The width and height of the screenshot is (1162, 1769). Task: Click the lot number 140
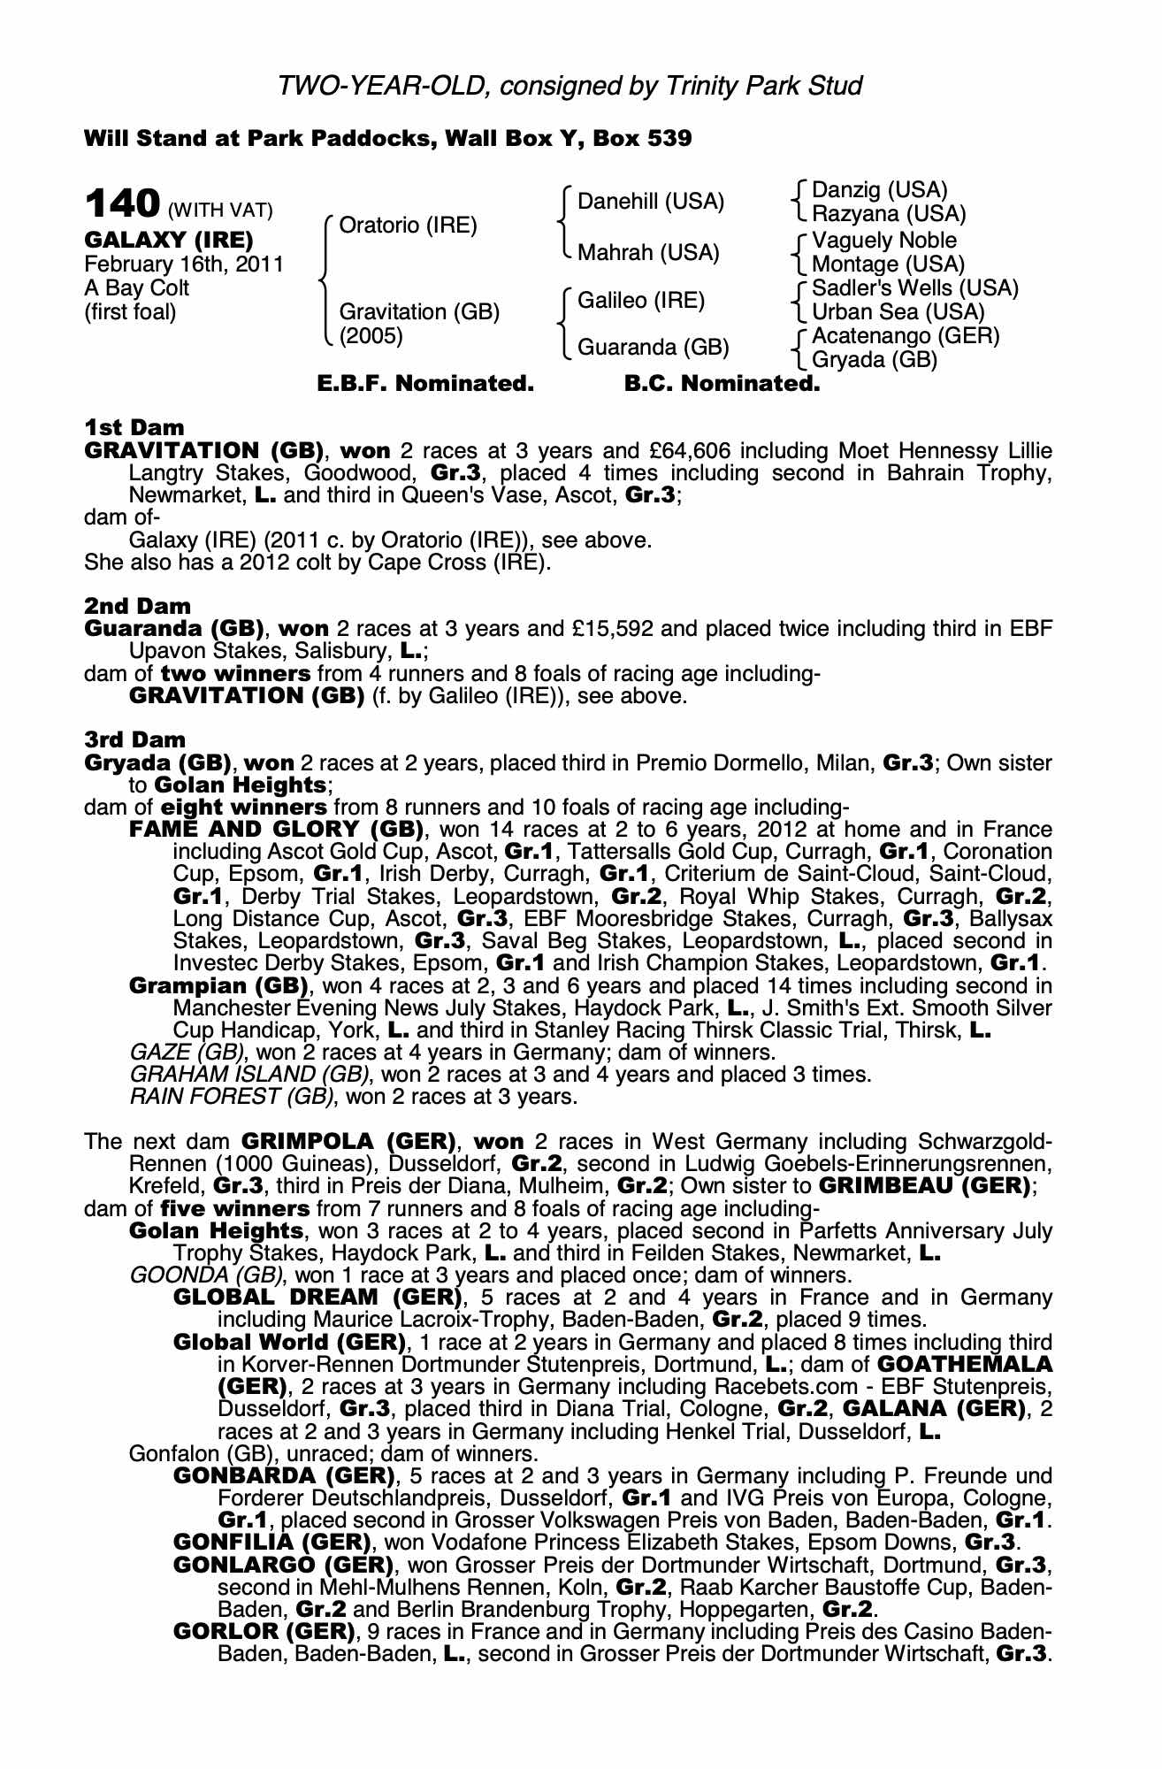click(121, 204)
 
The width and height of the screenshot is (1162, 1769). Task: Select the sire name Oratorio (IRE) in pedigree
click(408, 226)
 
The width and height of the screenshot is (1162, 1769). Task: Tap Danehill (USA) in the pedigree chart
click(650, 202)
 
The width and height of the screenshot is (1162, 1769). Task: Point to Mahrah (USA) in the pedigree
click(648, 253)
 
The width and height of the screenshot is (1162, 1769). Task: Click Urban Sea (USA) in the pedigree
click(898, 312)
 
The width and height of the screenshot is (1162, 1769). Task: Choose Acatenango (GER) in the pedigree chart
click(906, 336)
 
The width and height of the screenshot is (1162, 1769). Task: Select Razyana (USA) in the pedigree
click(889, 214)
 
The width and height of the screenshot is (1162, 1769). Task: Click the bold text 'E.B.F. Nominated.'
click(425, 384)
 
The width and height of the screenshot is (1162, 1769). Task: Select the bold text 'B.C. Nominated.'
click(722, 384)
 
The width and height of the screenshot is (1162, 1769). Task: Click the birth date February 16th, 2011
click(184, 264)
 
